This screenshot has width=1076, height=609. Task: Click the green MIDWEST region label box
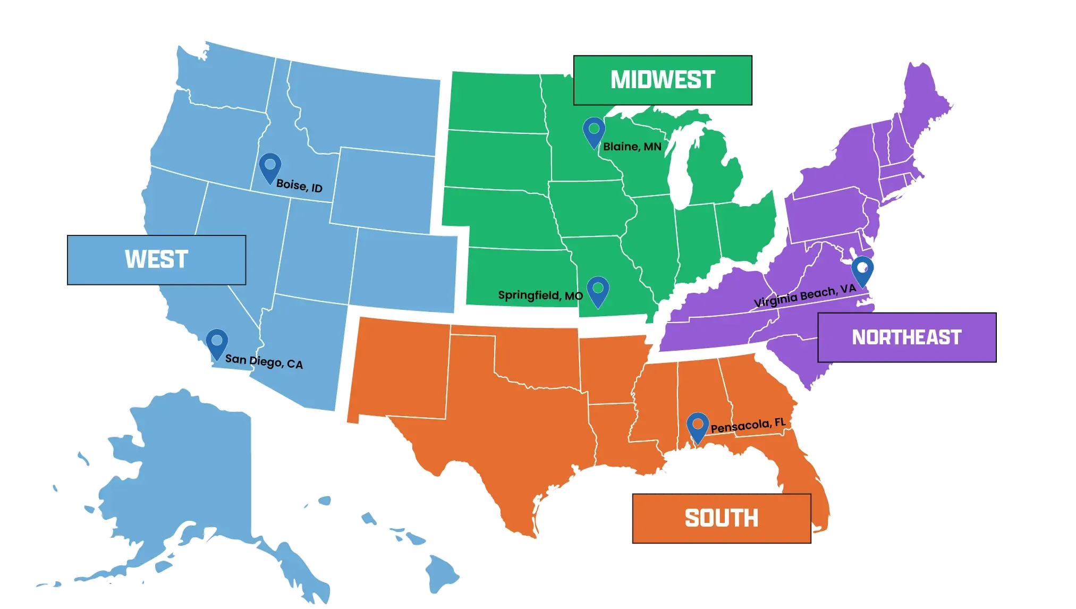pos(662,80)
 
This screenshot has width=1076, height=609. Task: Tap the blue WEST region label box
pos(156,260)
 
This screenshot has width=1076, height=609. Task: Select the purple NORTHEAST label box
pos(906,337)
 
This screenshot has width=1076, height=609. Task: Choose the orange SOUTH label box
pos(721,518)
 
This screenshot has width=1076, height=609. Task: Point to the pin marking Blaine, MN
pos(594,132)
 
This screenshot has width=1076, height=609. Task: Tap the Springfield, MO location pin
pos(598,291)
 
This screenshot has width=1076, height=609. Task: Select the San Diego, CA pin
pos(217,343)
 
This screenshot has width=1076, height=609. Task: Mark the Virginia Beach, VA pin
pos(862,270)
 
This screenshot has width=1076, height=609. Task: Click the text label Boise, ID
pos(299,186)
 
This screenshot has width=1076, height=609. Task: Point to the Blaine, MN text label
pos(632,147)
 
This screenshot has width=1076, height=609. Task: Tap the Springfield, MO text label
pos(540,295)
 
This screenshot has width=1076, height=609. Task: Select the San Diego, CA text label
pos(264,362)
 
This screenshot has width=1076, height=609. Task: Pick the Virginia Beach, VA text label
pos(805,295)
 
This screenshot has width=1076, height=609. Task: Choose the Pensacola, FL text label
pos(748,426)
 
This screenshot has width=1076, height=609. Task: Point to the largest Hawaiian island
pos(442,574)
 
